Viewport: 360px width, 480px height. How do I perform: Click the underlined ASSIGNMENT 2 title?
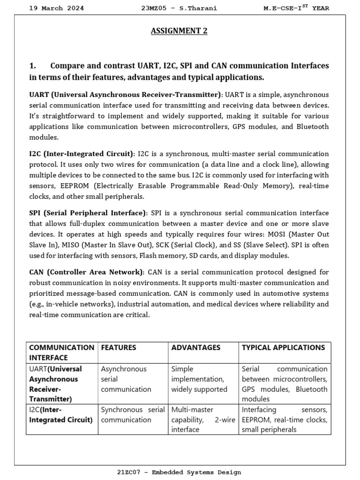179,31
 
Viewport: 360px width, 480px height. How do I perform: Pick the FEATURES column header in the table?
119,347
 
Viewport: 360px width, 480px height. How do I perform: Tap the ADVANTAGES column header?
195,347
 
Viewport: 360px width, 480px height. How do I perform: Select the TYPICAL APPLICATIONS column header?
283,347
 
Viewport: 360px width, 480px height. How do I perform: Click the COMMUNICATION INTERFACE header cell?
61,352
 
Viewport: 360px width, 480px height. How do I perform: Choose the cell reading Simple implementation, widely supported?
199,379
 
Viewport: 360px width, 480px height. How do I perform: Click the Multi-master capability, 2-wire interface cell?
203,420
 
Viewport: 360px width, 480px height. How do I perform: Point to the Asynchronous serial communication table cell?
126,379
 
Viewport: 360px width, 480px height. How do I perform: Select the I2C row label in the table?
60,414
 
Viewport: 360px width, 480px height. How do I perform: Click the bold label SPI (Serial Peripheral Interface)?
88,213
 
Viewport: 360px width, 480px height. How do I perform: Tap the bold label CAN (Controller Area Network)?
86,272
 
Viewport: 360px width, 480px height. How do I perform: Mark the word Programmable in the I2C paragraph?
184,186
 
